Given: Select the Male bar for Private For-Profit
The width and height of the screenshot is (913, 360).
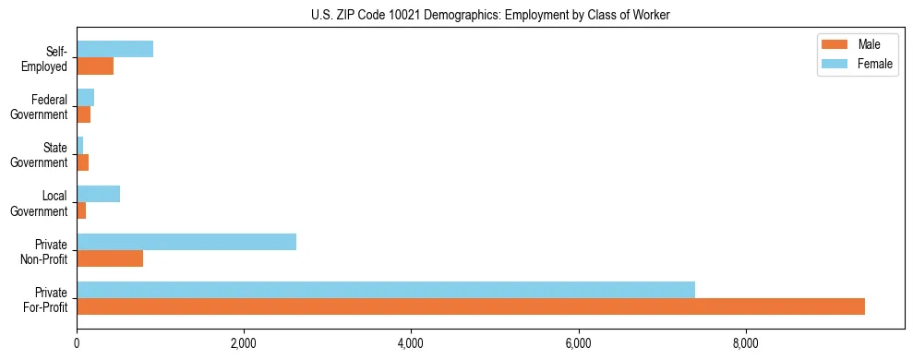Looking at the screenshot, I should (x=471, y=306).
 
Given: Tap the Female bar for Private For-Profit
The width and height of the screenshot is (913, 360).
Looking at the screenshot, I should (x=386, y=290).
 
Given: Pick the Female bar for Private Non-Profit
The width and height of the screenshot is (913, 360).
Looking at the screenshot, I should (x=186, y=242).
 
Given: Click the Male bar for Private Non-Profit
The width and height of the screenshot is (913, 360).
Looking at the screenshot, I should (x=110, y=258).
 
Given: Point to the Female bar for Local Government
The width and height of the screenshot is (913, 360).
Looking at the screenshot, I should (x=99, y=194).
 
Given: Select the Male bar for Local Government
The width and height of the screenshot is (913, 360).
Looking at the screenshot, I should (x=81, y=210).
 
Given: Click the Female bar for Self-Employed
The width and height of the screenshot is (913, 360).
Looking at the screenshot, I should (x=114, y=49).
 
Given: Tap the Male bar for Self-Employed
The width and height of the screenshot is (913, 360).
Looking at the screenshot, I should (x=95, y=66).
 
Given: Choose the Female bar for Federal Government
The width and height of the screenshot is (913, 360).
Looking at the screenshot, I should (x=86, y=97).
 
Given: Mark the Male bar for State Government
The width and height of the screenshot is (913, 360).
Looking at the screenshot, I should (x=83, y=162).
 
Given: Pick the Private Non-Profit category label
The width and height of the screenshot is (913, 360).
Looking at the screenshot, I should (x=46, y=251).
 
